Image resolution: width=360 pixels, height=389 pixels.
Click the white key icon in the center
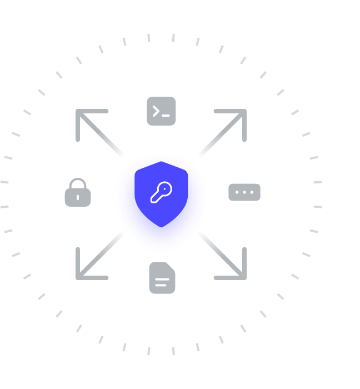click(x=161, y=192)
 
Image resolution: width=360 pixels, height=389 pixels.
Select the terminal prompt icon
click(x=161, y=111)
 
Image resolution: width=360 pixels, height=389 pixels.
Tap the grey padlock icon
click(x=78, y=193)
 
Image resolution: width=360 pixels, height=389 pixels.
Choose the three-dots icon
click(x=244, y=192)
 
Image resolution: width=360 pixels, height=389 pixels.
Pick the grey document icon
click(x=162, y=278)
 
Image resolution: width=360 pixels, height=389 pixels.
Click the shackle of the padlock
click(x=78, y=183)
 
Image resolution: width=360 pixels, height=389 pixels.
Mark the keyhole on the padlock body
click(x=78, y=197)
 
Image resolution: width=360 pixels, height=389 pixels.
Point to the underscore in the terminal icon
click(x=166, y=115)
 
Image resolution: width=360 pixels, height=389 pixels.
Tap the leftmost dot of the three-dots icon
click(x=237, y=192)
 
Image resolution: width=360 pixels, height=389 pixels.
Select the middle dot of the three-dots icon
click(x=244, y=192)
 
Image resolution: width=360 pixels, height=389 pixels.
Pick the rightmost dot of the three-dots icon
click(x=252, y=192)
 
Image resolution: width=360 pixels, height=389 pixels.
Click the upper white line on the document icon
click(x=161, y=278)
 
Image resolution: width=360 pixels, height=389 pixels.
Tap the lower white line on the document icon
click(x=161, y=284)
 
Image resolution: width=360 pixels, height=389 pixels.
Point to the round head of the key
click(x=166, y=188)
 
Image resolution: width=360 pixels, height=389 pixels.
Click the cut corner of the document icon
click(x=172, y=266)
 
